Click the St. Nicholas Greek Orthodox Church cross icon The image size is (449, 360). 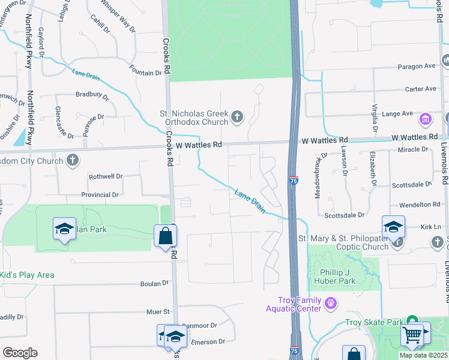[237, 116]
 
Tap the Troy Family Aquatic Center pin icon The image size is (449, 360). [330, 304]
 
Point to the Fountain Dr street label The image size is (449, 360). [145, 73]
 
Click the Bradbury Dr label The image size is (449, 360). [92, 95]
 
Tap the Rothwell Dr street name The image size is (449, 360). [106, 176]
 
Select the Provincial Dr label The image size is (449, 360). [100, 195]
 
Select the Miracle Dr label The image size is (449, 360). [416, 149]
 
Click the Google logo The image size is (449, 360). [20, 353]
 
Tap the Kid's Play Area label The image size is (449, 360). [27, 275]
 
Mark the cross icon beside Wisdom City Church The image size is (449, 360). [73, 160]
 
